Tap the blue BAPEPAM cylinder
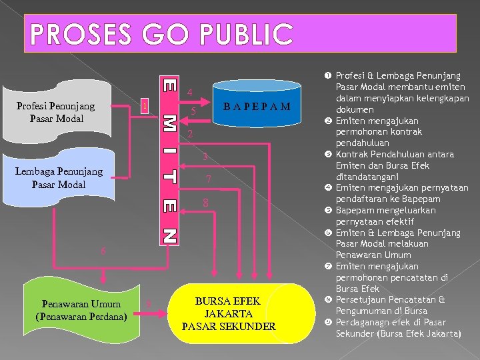pyautogui.click(x=257, y=105)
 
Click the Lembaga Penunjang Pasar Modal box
pyautogui.click(x=59, y=177)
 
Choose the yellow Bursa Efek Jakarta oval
pyautogui.click(x=229, y=313)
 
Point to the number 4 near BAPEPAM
pyautogui.click(x=190, y=92)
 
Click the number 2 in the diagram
pyautogui.click(x=190, y=135)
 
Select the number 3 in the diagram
pyautogui.click(x=206, y=157)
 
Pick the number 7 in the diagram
pyautogui.click(x=209, y=179)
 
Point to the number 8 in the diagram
pyautogui.click(x=207, y=202)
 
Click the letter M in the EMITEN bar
pyautogui.click(x=170, y=123)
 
